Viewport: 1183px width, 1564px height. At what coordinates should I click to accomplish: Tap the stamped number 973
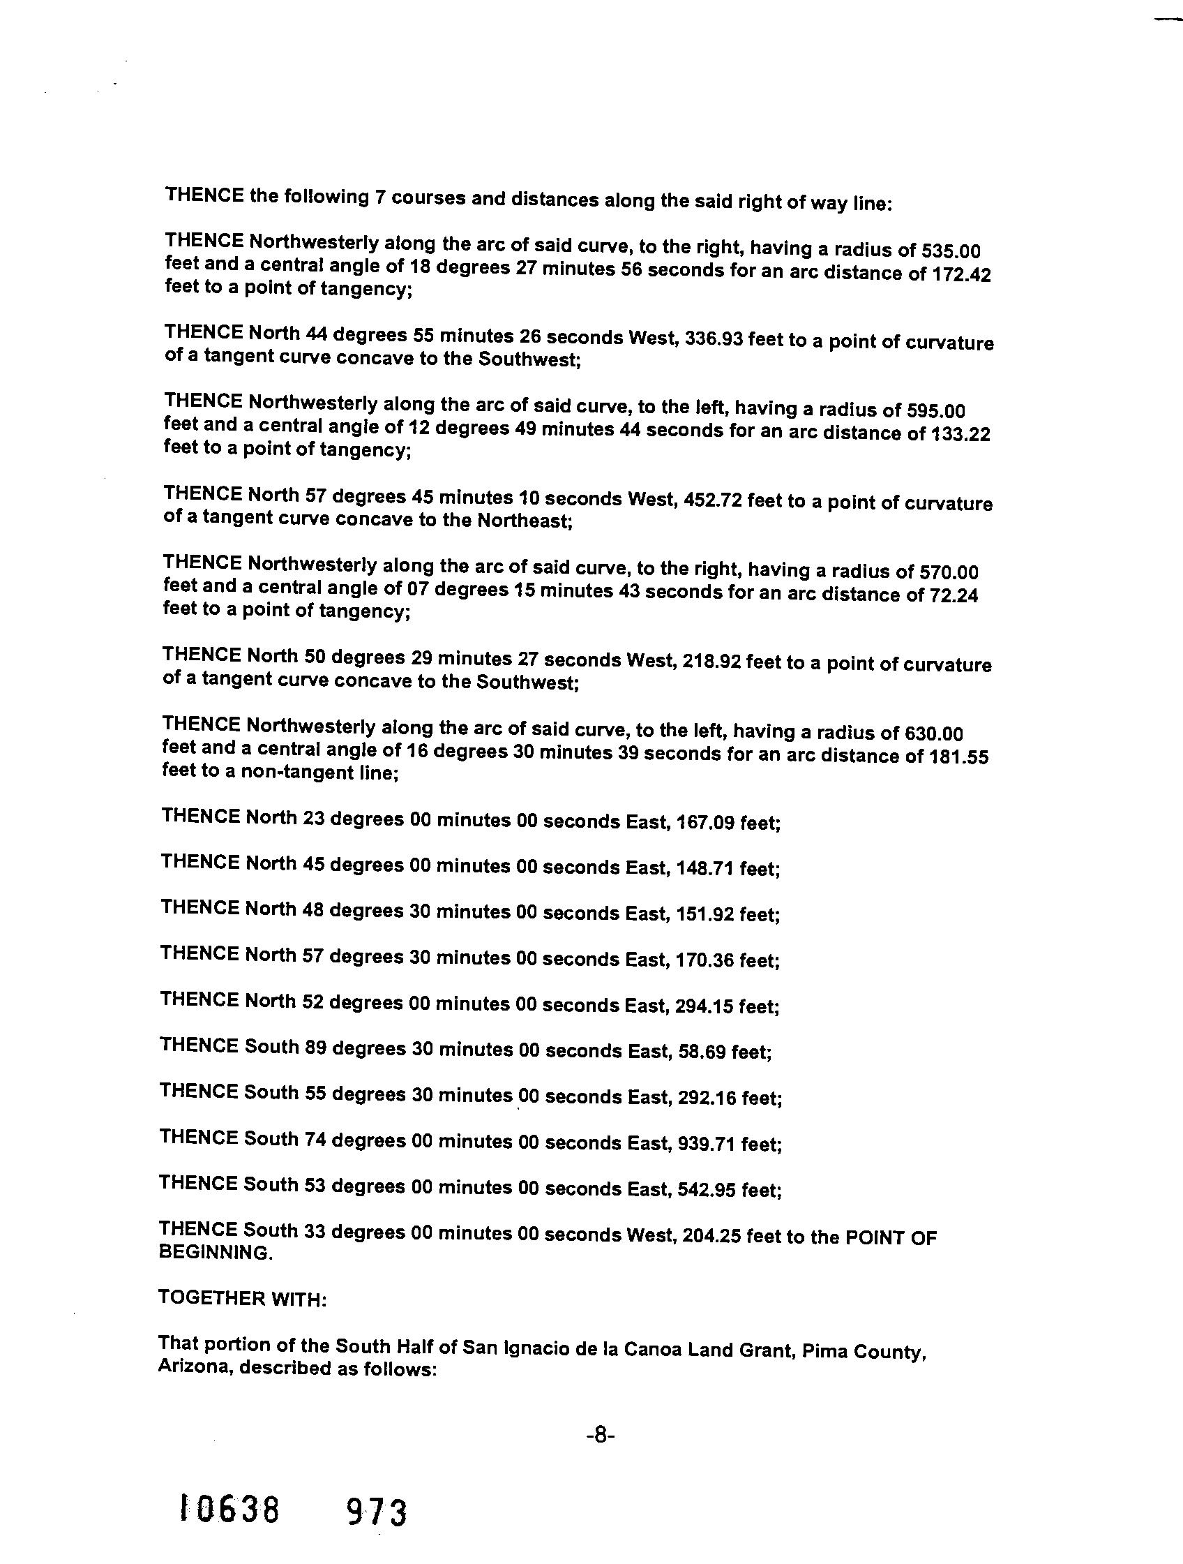click(x=377, y=1513)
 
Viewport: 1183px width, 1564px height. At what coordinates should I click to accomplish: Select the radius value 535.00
click(x=951, y=251)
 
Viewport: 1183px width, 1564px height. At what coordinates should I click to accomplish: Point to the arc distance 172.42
click(x=962, y=274)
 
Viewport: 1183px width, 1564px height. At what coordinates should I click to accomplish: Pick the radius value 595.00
click(x=935, y=411)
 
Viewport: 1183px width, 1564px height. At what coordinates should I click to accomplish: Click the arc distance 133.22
click(x=961, y=434)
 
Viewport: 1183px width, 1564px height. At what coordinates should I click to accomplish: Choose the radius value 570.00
click(x=949, y=572)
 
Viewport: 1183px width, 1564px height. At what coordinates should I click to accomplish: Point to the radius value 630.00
click(x=933, y=733)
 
